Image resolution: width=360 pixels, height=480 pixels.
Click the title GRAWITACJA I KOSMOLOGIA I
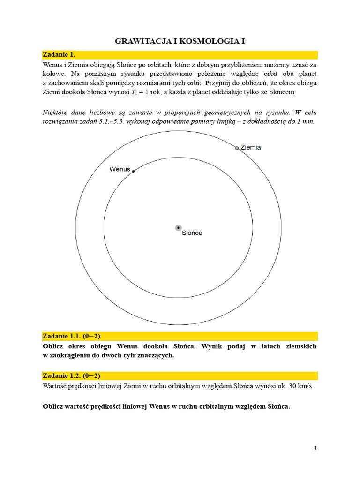pyautogui.click(x=180, y=42)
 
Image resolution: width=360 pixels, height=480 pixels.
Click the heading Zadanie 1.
pyautogui.click(x=59, y=54)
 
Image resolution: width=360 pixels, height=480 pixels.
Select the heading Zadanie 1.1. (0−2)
pyautogui.click(x=71, y=336)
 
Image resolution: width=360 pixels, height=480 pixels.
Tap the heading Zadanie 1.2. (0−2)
pyautogui.click(x=71, y=375)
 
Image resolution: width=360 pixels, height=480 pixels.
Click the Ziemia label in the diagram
pyautogui.click(x=251, y=147)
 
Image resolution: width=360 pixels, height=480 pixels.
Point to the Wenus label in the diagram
pyautogui.click(x=120, y=169)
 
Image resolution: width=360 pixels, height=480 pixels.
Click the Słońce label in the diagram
pyautogui.click(x=192, y=233)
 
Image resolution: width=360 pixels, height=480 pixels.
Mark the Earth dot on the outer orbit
pyautogui.click(x=237, y=148)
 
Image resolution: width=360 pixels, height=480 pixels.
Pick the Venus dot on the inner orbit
pyautogui.click(x=134, y=172)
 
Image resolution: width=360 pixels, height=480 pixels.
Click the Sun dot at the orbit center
pyautogui.click(x=178, y=228)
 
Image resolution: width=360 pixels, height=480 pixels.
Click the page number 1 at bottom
pyautogui.click(x=315, y=448)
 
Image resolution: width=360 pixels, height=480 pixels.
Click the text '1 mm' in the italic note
pyautogui.click(x=307, y=121)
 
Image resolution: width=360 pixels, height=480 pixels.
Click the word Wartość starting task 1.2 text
pyautogui.click(x=56, y=386)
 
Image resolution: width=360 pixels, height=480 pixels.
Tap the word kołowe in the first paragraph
pyautogui.click(x=53, y=74)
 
